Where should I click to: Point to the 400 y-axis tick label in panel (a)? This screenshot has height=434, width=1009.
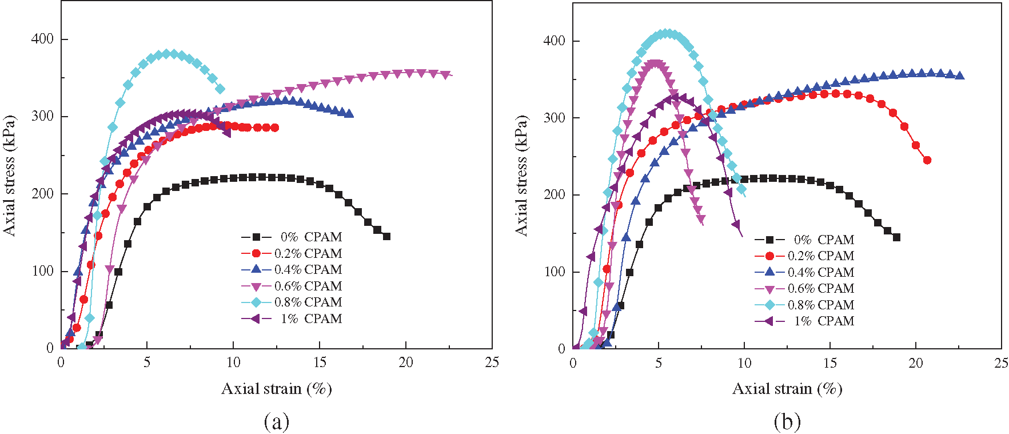tap(42, 39)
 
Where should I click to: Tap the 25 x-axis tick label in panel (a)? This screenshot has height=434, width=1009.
tap(492, 363)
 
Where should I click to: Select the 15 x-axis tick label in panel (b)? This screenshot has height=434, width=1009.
tap(830, 363)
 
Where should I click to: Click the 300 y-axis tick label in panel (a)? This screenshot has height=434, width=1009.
tap(42, 116)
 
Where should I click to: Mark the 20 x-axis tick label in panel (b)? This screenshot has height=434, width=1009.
tap(916, 363)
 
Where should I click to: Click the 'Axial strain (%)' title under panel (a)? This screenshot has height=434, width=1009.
tap(277, 389)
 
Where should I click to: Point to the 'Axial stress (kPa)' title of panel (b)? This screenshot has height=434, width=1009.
tap(521, 175)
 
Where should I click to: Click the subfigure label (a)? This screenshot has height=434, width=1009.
tap(277, 422)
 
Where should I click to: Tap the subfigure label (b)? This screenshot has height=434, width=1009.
tap(787, 422)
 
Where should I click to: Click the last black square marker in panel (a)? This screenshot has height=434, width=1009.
tap(386, 236)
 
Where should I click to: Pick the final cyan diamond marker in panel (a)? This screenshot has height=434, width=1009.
tap(220, 89)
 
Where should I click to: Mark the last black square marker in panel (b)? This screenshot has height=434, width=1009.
tap(896, 237)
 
